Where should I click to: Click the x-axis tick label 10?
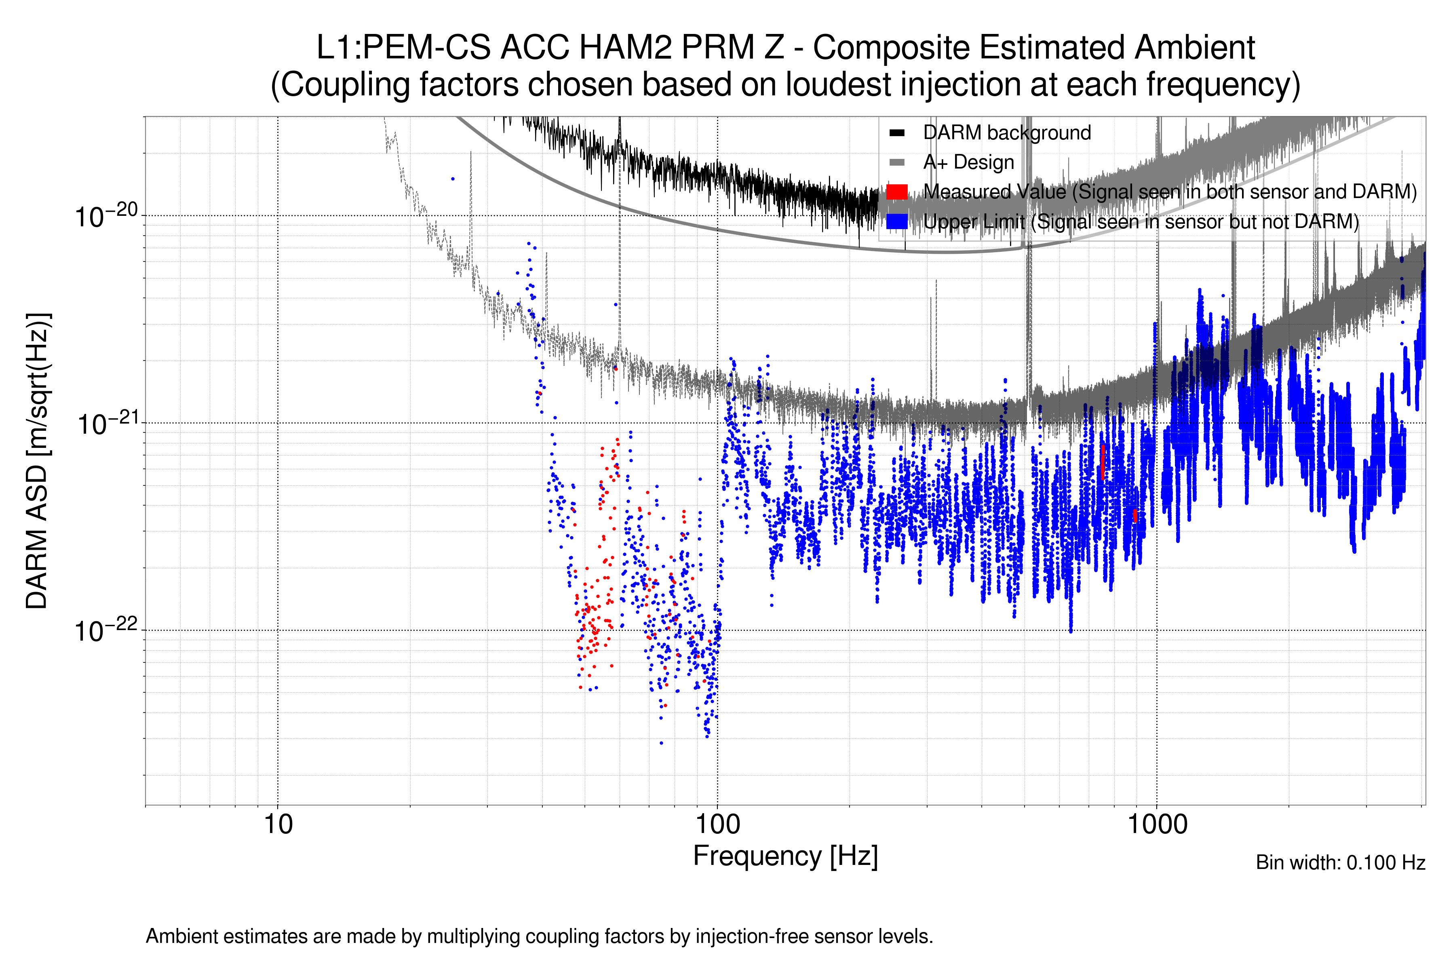click(278, 824)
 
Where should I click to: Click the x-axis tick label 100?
click(718, 824)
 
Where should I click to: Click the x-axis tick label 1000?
click(1157, 824)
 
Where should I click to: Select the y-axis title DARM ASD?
click(37, 461)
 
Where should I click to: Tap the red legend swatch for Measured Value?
click(896, 192)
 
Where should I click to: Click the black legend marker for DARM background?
click(896, 133)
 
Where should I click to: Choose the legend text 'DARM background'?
click(1006, 133)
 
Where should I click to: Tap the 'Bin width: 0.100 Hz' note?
click(1340, 862)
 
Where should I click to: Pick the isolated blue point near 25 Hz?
click(453, 179)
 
